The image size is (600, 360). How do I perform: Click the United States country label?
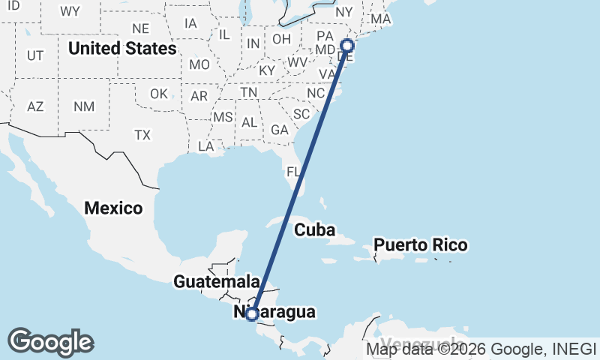[122, 49]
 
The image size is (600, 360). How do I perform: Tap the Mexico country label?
[113, 208]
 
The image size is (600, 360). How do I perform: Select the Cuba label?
[314, 230]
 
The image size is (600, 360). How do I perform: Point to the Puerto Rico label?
[421, 245]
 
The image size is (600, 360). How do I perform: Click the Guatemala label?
[216, 282]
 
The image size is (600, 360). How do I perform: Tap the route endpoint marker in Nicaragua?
[253, 314]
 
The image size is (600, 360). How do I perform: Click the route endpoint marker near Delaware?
[346, 45]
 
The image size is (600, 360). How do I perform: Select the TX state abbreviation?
[142, 135]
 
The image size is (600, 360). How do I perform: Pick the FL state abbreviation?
[294, 172]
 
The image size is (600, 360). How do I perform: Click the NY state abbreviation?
[344, 12]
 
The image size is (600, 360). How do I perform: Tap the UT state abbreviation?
[35, 55]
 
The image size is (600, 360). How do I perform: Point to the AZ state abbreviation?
[35, 106]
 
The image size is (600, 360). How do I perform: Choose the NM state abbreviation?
[84, 106]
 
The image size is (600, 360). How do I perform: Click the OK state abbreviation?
[158, 94]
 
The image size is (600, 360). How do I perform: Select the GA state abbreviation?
[280, 130]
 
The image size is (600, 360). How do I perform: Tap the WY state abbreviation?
[70, 11]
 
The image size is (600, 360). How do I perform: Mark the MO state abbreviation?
[199, 64]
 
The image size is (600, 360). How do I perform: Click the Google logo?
[50, 342]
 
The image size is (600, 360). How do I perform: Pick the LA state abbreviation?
[206, 146]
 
